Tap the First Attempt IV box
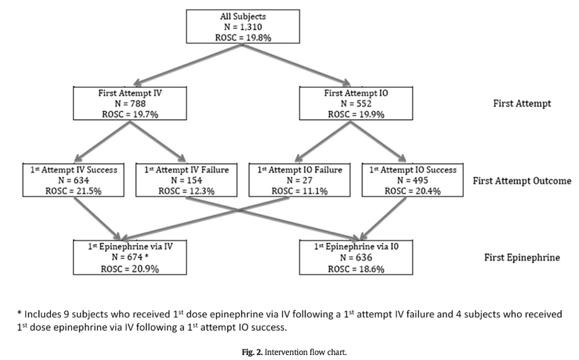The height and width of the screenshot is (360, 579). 130,103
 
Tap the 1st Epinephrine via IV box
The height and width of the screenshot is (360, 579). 131,257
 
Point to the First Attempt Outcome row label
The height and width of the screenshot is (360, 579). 521,181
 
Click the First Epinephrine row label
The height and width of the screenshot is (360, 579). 521,257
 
